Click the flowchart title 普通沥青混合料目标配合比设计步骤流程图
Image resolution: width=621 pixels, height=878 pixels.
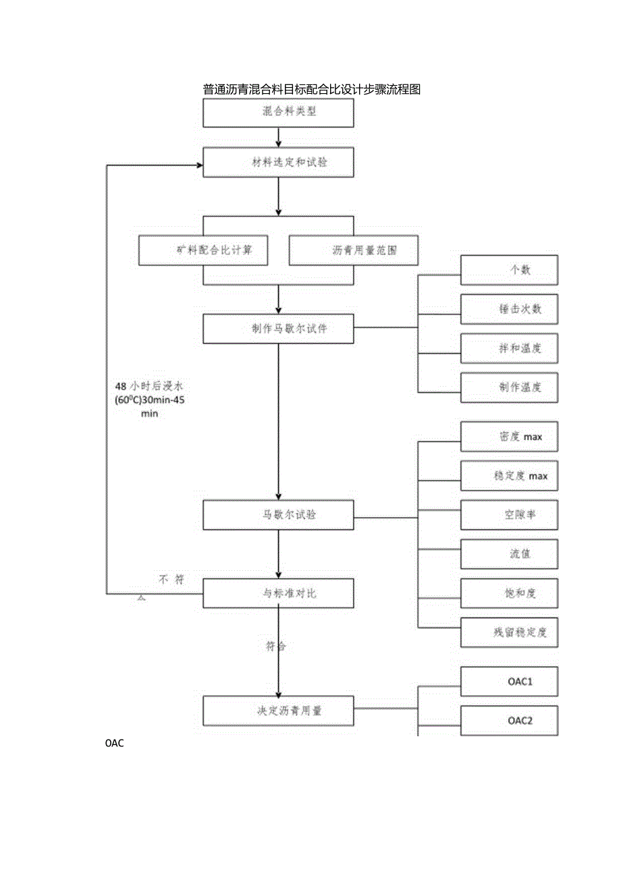coord(311,90)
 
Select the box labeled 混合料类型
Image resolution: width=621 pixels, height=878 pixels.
coord(279,112)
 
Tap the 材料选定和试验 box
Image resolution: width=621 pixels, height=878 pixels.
coord(279,163)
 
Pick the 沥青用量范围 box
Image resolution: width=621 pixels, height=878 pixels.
coord(353,250)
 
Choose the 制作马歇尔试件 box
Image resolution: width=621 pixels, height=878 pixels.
coord(279,329)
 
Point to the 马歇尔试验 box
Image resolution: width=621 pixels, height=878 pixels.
coord(279,515)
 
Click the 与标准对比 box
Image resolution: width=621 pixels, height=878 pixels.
coord(279,594)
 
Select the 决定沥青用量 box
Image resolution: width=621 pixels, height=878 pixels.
coord(279,711)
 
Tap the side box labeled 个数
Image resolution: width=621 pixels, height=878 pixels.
coord(509,270)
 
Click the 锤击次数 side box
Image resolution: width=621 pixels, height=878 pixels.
coord(509,309)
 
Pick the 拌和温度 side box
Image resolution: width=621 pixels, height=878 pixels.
coord(509,348)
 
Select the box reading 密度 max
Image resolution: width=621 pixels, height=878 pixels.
coord(509,437)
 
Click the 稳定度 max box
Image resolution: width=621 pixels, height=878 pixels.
coord(509,476)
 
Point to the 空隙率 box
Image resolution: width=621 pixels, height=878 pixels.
coord(509,514)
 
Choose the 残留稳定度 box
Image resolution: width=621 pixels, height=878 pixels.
coord(509,632)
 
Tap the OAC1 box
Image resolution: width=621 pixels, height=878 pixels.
coord(509,681)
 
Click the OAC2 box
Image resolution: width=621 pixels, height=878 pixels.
coord(509,720)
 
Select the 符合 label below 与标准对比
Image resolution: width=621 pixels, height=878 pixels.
coord(275,647)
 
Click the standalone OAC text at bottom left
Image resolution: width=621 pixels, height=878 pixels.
coord(116,744)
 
